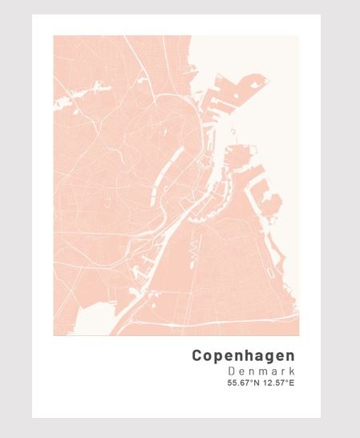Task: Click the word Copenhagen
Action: click(244, 355)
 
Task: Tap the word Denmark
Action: click(261, 371)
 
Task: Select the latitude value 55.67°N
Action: click(243, 383)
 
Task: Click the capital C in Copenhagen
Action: click(197, 355)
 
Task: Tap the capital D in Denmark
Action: click(231, 371)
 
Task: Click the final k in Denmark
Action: click(292, 371)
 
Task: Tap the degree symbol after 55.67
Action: click(249, 381)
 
